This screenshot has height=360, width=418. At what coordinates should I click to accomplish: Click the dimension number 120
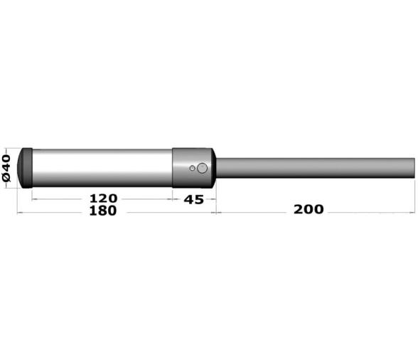click(x=104, y=198)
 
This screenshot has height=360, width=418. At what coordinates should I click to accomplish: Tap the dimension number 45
click(x=194, y=200)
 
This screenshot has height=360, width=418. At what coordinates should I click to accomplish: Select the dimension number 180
click(x=103, y=211)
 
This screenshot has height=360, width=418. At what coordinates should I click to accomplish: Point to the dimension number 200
click(x=309, y=209)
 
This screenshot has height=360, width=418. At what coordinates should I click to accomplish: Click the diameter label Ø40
click(x=6, y=168)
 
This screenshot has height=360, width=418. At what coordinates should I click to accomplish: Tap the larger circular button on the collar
click(x=202, y=168)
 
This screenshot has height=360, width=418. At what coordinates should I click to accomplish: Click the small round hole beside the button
click(x=192, y=168)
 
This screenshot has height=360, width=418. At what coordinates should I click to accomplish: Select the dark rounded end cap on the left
click(x=25, y=168)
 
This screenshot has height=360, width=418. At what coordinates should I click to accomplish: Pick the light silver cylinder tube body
click(x=102, y=168)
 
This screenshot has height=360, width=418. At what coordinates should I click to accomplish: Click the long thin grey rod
click(x=316, y=168)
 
